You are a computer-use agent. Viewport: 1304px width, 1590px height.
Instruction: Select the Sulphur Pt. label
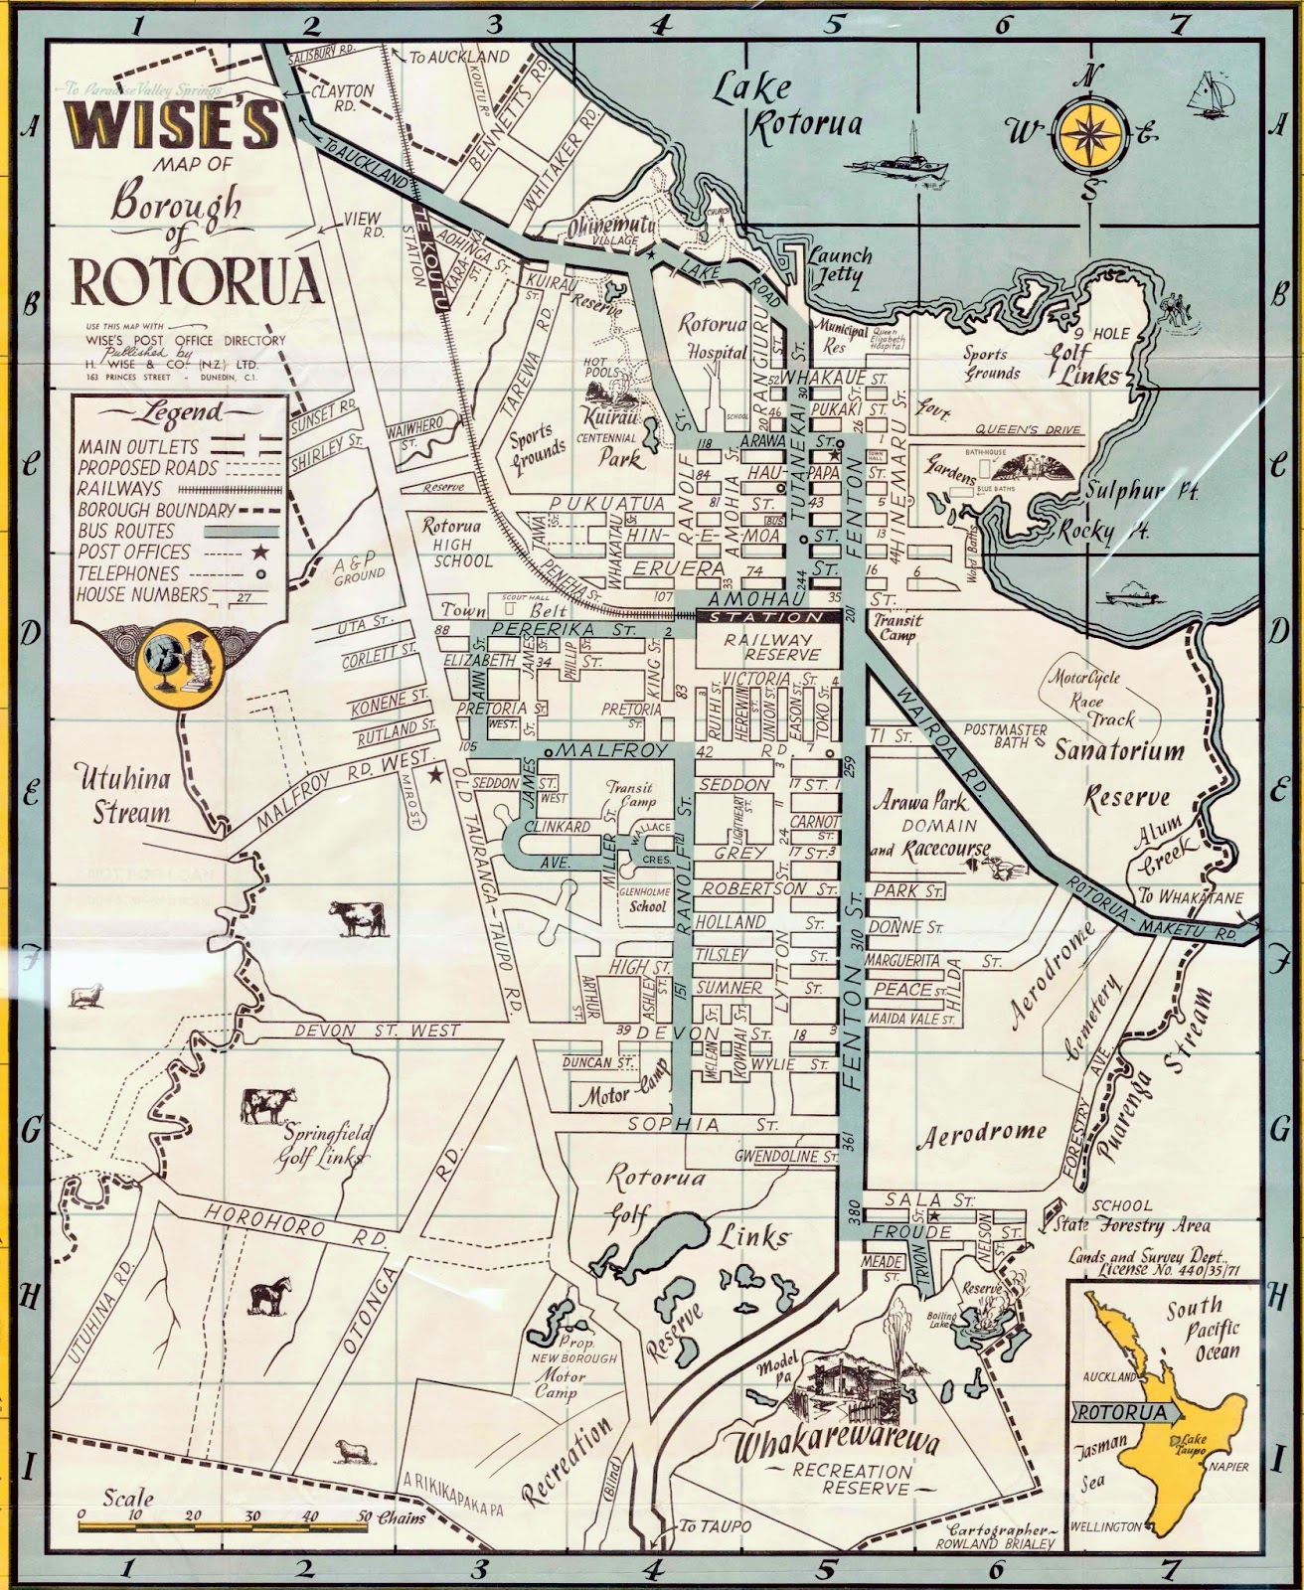point(1123,490)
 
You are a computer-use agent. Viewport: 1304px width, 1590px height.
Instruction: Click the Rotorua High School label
point(456,544)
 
